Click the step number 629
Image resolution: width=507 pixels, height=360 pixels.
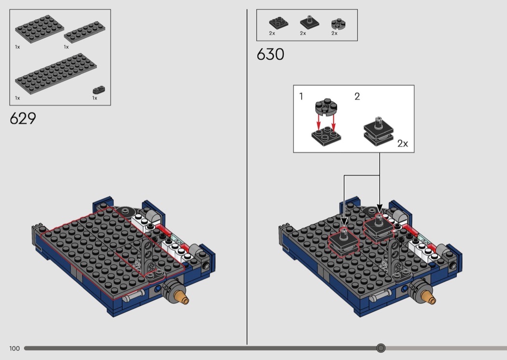click(x=23, y=119)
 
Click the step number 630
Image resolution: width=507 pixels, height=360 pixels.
click(x=270, y=55)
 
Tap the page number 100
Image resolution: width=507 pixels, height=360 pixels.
click(x=14, y=348)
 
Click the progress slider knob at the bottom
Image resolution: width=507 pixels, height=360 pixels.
click(x=381, y=348)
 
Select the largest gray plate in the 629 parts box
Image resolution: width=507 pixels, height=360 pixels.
click(x=56, y=74)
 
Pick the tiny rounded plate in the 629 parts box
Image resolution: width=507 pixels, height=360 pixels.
click(x=99, y=89)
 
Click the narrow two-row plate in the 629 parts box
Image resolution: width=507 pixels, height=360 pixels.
click(x=84, y=32)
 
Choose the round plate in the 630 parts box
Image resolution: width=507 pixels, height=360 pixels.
click(x=338, y=24)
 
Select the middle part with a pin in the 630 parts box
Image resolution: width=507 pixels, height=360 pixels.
click(x=310, y=22)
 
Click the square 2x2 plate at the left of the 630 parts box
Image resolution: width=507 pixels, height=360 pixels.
click(x=279, y=23)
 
